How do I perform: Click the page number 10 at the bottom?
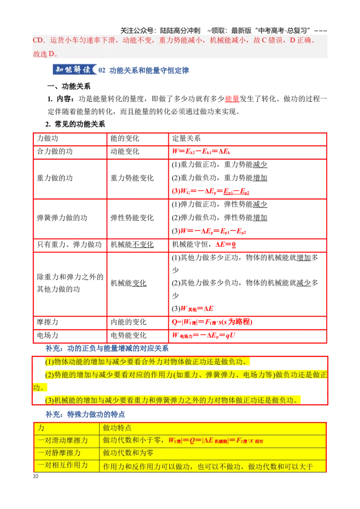[x=36, y=476]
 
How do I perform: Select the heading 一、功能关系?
[x=69, y=86]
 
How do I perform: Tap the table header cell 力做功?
[x=47, y=138]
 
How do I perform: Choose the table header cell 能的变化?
[x=125, y=138]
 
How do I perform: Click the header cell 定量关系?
[x=186, y=138]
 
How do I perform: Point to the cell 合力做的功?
[x=54, y=151]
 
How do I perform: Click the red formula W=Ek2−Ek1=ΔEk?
[x=201, y=151]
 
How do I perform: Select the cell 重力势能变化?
[x=132, y=178]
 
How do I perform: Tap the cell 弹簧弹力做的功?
[x=62, y=218]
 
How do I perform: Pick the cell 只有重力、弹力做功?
[x=69, y=245]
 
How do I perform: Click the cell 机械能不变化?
[x=132, y=245]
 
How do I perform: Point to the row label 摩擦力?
[x=47, y=322]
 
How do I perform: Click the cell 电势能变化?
[x=128, y=335]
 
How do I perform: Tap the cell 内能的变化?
[x=128, y=322]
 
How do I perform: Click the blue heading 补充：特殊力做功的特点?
[x=85, y=414]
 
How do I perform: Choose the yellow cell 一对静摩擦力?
[x=59, y=452]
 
